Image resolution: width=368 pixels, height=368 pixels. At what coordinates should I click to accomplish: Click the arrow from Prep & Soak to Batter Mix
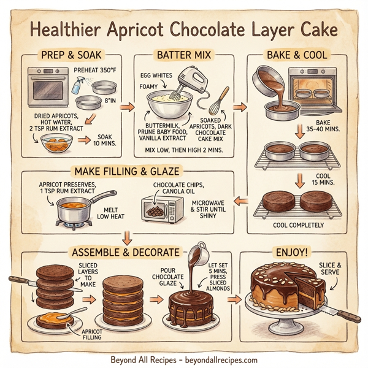(x=127, y=107)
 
